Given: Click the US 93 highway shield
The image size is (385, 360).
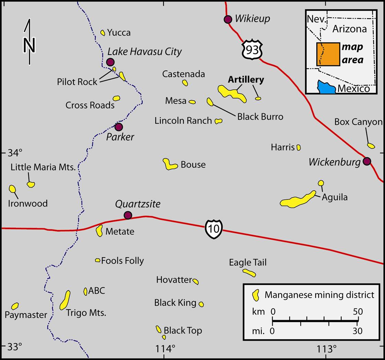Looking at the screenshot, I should coord(252,50).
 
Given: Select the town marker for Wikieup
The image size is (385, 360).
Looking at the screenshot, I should coord(228,19).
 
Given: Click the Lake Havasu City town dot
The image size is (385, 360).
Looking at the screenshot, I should coord(110,62).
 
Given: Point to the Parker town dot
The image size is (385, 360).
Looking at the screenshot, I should coord(118,127).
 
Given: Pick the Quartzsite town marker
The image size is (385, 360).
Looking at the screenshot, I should coord(128,215).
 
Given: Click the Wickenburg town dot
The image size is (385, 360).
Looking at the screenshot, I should coord(367,161).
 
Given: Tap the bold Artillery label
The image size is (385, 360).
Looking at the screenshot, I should coord(246,80).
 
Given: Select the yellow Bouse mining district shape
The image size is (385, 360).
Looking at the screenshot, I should coord(169,165).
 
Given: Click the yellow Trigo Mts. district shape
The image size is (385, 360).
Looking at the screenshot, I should coord(65,300).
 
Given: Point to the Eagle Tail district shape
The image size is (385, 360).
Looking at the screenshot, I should coord(249,273).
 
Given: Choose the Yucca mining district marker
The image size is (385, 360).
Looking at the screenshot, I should coord(103,33).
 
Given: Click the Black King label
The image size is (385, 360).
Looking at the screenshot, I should coord(175,303).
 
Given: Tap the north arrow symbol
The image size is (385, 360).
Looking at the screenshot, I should coord(29,42).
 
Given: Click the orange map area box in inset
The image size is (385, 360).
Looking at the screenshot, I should coord(328,54).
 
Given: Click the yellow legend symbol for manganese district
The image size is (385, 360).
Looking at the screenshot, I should coord(255,295).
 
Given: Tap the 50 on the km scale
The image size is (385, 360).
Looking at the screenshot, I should coord(358,312).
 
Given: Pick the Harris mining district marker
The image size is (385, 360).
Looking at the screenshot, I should coord(298,147).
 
